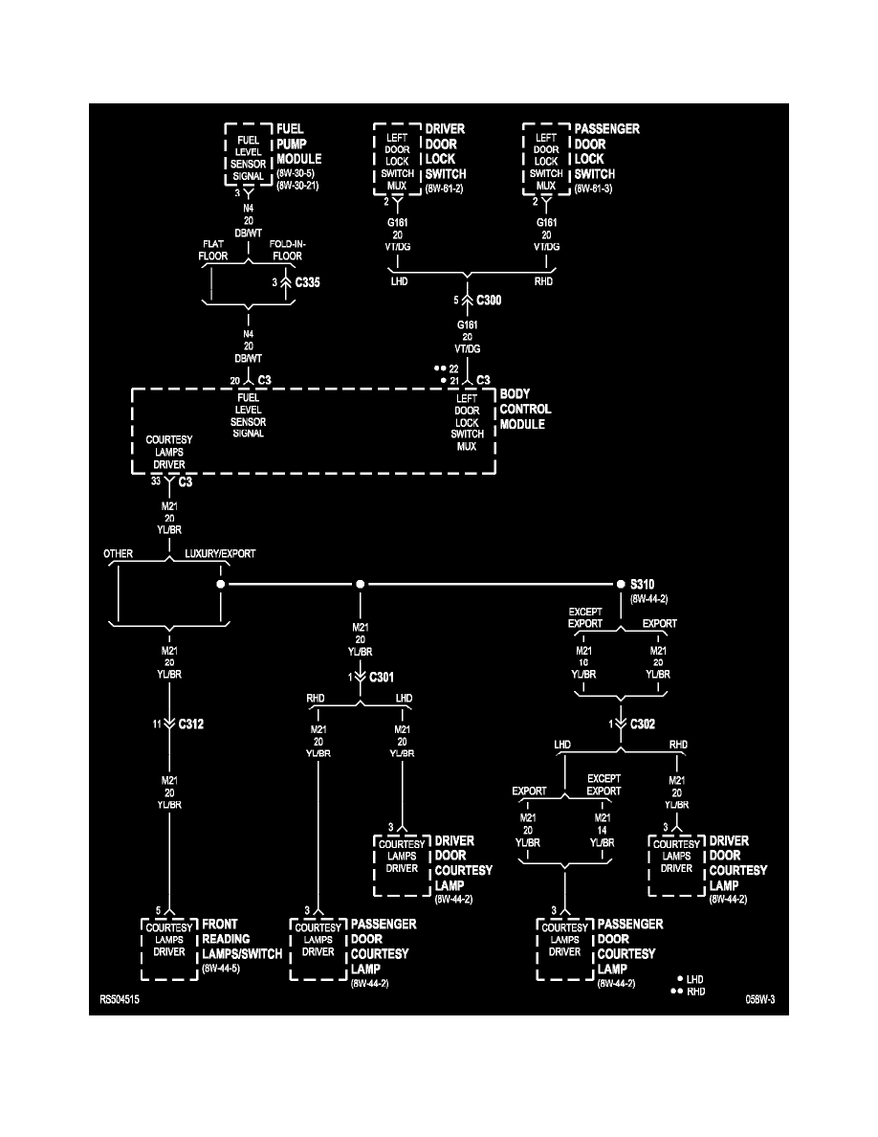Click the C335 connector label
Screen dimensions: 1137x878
pos(308,283)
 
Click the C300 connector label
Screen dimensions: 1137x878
pos(490,300)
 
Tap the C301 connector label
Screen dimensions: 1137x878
pos(382,677)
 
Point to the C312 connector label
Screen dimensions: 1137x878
pos(190,725)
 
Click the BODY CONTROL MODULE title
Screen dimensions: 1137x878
pos(525,409)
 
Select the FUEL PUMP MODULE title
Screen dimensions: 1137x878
pos(298,144)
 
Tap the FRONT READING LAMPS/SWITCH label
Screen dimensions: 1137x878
pos(241,940)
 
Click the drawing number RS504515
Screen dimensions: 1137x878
pos(124,999)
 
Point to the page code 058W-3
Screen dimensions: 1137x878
pos(760,999)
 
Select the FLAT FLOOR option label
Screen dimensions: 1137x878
pos(212,250)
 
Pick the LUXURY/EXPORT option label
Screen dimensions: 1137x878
pos(220,553)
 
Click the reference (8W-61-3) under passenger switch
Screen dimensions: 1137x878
pos(595,189)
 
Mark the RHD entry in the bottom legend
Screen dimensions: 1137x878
pos(695,992)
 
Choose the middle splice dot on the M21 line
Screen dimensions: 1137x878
pos(360,584)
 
